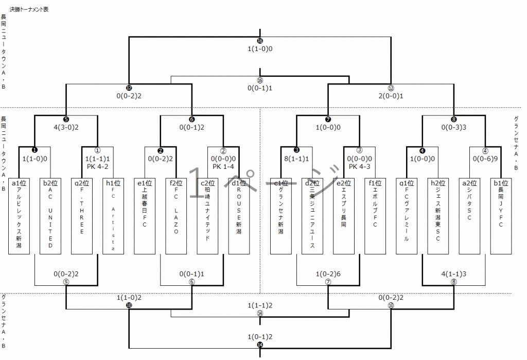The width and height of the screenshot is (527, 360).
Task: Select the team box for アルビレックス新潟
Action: [19, 216]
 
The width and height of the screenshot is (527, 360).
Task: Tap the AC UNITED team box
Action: [50, 216]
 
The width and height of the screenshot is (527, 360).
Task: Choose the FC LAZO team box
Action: [176, 216]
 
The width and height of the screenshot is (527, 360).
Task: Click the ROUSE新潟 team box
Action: [239, 216]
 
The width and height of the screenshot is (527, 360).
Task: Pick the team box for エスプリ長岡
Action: [344, 216]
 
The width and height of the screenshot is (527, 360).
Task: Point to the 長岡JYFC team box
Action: [501, 216]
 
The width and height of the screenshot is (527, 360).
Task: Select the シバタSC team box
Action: [469, 216]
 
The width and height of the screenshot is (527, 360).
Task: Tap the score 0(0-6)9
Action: [485, 160]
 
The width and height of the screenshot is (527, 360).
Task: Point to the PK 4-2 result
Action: [97, 167]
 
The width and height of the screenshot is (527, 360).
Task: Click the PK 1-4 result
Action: [223, 167]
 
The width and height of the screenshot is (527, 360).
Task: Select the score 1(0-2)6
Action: [328, 274]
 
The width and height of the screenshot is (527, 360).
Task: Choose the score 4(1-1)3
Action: [454, 274]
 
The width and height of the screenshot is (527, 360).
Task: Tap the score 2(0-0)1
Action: [391, 96]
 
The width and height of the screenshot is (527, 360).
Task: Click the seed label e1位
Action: [145, 183]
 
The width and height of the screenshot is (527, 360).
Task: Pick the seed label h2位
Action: [438, 183]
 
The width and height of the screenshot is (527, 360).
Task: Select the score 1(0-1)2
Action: [260, 337]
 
